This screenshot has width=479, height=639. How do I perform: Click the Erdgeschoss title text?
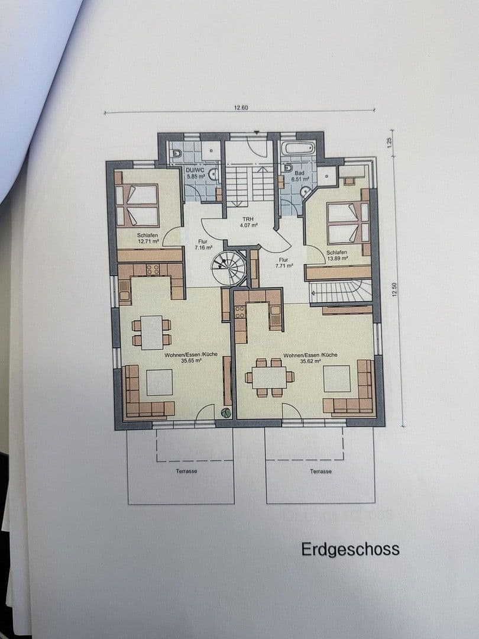pyautogui.click(x=350, y=549)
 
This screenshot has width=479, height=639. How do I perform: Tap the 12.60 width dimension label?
pyautogui.click(x=241, y=108)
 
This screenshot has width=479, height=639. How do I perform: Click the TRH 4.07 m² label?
pyautogui.click(x=249, y=222)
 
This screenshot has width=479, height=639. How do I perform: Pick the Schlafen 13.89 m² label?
pyautogui.click(x=336, y=255)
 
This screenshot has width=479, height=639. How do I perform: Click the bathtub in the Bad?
pyautogui.click(x=299, y=148)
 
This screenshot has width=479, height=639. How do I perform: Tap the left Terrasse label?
pyautogui.click(x=186, y=471)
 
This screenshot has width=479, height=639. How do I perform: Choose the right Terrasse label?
pyautogui.click(x=321, y=471)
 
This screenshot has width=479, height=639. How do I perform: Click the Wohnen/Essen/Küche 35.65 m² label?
pyautogui.click(x=190, y=357)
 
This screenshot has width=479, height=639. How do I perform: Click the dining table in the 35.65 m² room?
pyautogui.click(x=152, y=333)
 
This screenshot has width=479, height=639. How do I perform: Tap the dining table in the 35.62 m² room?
pyautogui.click(x=270, y=377)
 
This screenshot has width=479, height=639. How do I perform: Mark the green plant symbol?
pyautogui.click(x=225, y=413)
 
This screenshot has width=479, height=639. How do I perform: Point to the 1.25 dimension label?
pyautogui.click(x=390, y=143)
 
